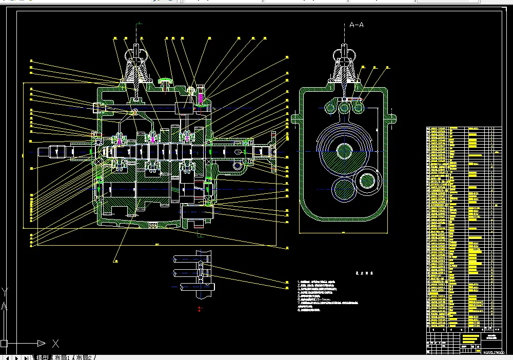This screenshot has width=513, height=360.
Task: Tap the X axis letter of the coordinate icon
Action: pos(55,344)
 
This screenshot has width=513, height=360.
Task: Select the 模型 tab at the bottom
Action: pos(42,357)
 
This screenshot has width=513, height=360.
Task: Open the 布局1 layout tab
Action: pos(64,357)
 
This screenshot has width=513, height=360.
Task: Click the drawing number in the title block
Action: pos(494,352)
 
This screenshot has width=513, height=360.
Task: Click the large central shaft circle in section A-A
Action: pos(344,151)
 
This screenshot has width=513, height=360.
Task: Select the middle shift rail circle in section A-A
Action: pos(344,107)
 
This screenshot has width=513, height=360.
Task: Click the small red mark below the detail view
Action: pos(199,308)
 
